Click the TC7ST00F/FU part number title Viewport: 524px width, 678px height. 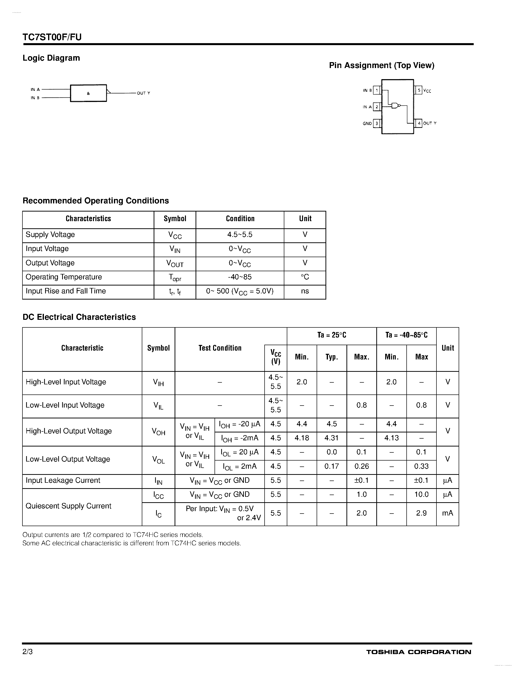pyautogui.click(x=52, y=37)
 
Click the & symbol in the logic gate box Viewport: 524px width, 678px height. pyautogui.click(x=88, y=93)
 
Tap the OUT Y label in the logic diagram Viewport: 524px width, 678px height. pyautogui.click(x=144, y=93)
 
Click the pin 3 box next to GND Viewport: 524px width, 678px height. pyautogui.click(x=377, y=123)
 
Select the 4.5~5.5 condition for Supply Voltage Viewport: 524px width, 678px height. pyautogui.click(x=240, y=235)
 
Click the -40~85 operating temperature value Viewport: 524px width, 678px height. pyautogui.click(x=240, y=277)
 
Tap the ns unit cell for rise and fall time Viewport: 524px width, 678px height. pyautogui.click(x=305, y=291)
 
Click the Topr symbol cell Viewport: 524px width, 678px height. pyautogui.click(x=175, y=278)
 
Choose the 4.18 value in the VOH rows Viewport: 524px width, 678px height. pyautogui.click(x=302, y=438)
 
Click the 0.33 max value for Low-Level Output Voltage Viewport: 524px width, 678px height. pyautogui.click(x=421, y=466)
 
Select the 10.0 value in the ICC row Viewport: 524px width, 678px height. pyautogui.click(x=421, y=495)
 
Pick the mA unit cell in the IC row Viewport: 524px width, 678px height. pyautogui.click(x=447, y=513)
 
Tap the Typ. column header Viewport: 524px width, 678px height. pyautogui.click(x=331, y=357)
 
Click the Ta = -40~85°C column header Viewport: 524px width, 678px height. pyautogui.click(x=406, y=335)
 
